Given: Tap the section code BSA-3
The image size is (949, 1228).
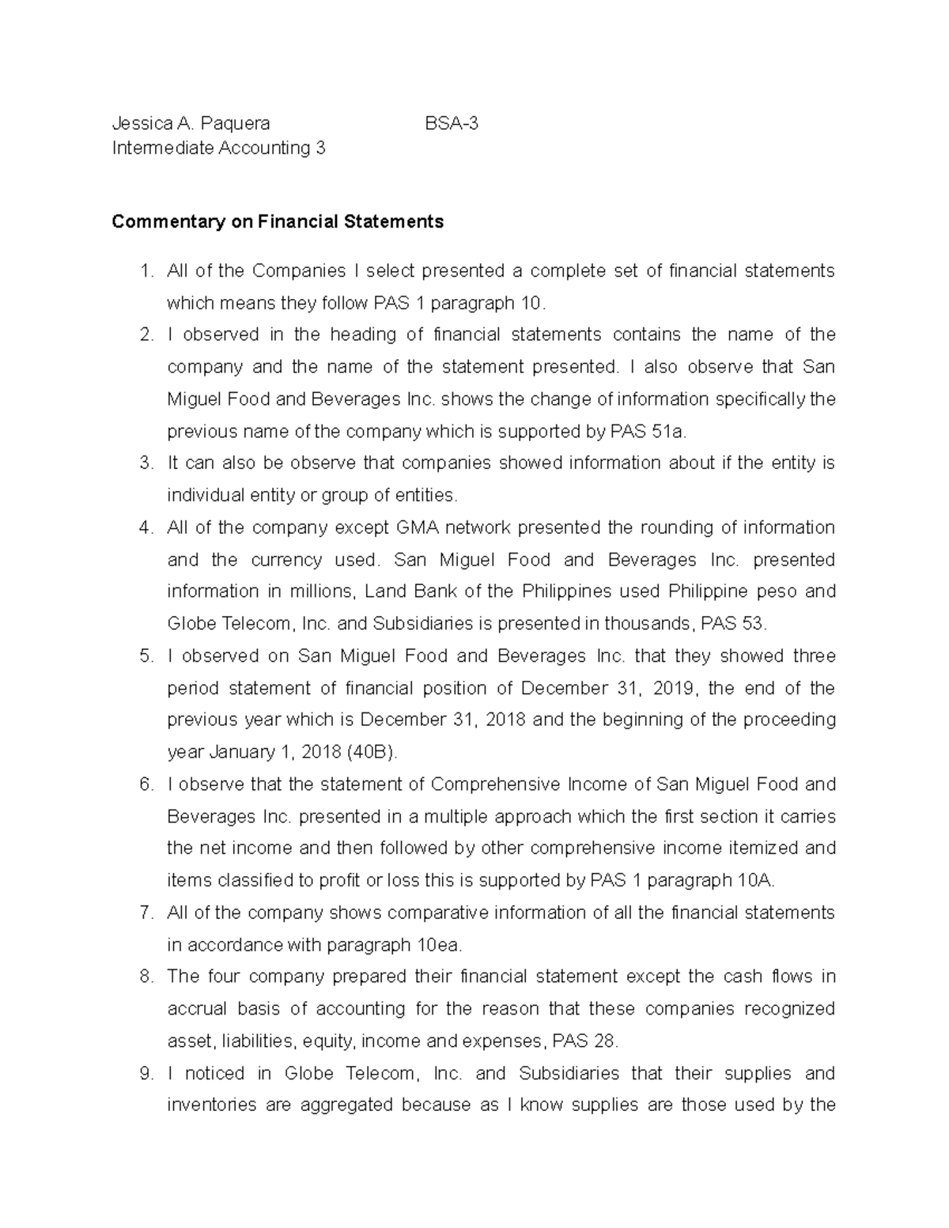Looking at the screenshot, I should [x=452, y=123].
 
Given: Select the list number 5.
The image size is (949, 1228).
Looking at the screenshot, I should [x=146, y=656].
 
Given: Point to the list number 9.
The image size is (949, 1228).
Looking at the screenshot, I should [x=146, y=1074].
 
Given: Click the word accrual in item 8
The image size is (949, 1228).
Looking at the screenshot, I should [x=196, y=1009].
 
